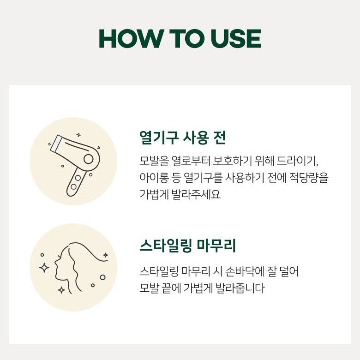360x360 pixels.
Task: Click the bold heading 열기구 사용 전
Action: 182,138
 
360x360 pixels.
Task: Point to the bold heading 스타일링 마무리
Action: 188,246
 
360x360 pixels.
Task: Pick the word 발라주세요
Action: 196,194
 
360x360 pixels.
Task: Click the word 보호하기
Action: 231,161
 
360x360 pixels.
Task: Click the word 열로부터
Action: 191,161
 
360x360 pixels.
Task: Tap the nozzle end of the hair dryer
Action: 55,143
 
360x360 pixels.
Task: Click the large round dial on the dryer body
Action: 89,159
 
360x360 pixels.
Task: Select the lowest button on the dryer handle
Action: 73,186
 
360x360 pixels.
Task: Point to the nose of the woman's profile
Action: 55,262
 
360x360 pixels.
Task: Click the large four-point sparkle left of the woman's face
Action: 44,268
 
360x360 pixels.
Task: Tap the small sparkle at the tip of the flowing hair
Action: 106,255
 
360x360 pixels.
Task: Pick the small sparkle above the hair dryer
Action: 78,135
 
